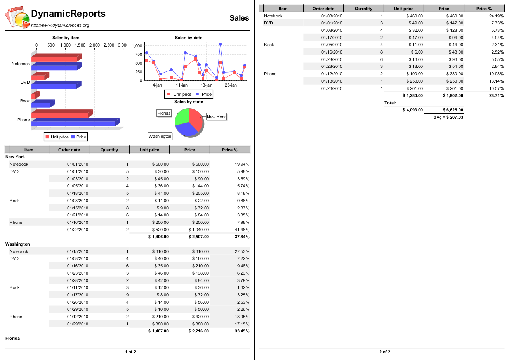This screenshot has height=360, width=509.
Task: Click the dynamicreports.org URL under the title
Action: tap(60, 26)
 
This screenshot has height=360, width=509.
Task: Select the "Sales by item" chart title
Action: tap(66, 38)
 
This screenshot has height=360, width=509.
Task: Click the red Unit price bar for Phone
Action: tap(60, 115)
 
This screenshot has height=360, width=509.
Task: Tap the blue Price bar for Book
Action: tap(41, 105)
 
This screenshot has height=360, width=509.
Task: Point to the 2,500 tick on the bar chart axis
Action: tap(109, 45)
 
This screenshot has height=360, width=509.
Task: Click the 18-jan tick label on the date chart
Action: tap(206, 85)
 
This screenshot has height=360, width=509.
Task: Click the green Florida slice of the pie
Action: tap(181, 116)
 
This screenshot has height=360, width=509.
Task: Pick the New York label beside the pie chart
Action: tap(216, 117)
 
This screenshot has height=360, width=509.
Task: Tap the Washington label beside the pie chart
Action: tap(160, 136)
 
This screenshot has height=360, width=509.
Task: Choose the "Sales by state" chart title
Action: tap(188, 102)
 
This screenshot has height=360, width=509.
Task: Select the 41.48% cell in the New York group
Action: tap(242, 230)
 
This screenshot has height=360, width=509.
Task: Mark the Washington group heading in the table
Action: tap(17, 244)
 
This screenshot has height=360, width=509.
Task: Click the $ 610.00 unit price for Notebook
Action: tap(160, 252)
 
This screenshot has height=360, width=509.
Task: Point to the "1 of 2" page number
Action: tap(130, 352)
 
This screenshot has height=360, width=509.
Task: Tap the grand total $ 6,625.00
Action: tap(453, 110)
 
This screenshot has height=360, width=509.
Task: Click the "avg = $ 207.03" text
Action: tap(448, 118)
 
